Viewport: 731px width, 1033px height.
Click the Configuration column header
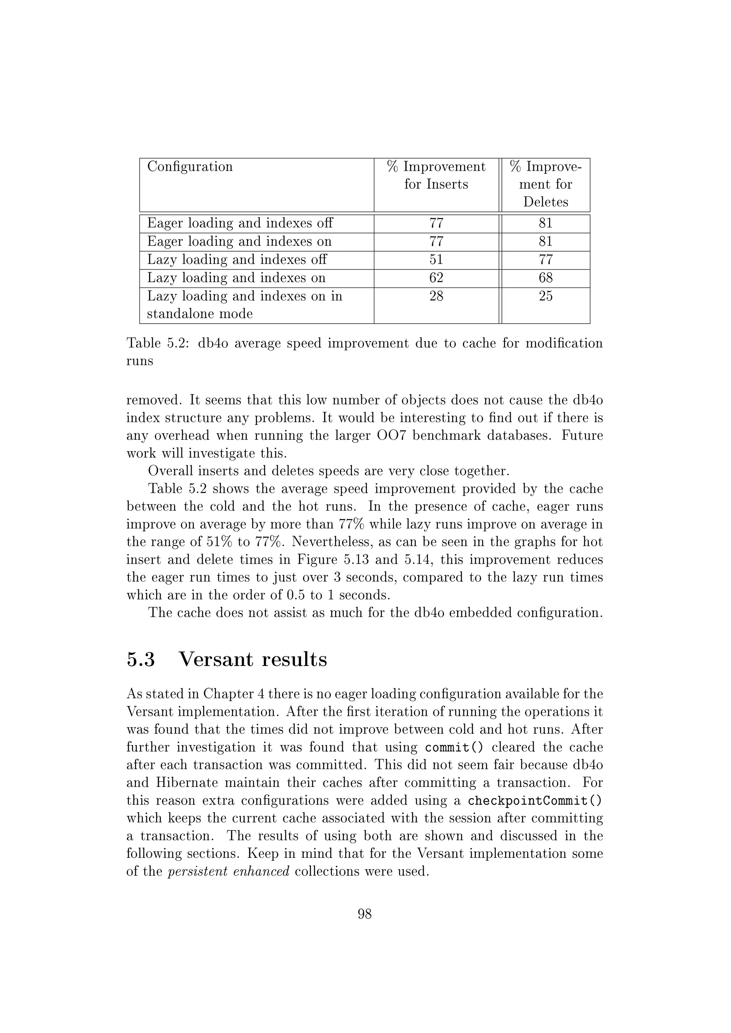coord(190,167)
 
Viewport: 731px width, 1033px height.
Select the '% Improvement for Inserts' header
coord(436,175)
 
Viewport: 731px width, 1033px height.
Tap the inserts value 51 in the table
coord(436,260)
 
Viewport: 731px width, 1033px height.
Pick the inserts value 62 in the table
coord(436,278)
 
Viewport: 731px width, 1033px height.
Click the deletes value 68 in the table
coord(545,278)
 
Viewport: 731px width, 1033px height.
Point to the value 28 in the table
coord(436,296)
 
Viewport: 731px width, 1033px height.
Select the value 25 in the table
coord(545,296)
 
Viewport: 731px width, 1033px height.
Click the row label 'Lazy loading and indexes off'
coord(237,260)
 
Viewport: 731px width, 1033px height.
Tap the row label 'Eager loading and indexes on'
coord(239,241)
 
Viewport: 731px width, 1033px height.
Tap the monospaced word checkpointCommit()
coord(535,801)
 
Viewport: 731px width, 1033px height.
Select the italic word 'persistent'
coord(197,872)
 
